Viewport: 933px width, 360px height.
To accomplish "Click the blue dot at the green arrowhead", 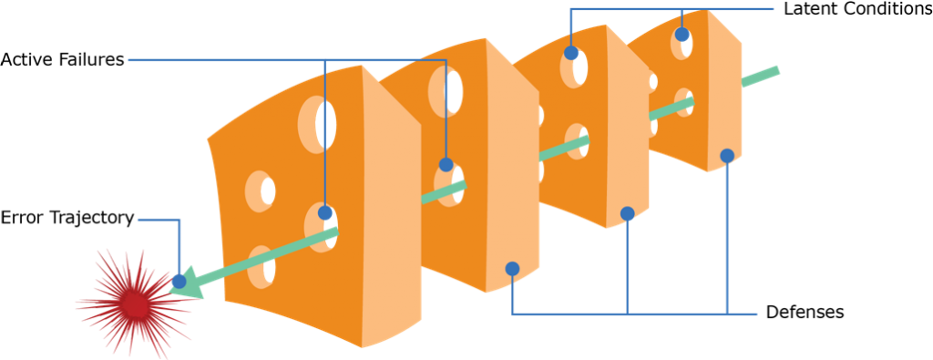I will [179, 281].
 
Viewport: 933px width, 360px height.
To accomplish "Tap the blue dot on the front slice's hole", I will [325, 213].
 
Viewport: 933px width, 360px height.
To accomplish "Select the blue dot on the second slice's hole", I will [446, 165].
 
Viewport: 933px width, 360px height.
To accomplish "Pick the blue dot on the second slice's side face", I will [512, 269].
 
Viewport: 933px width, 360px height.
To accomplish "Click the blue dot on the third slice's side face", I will [627, 214].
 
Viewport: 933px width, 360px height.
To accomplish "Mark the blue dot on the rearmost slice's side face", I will [727, 156].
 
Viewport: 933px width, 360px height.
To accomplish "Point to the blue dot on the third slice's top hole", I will [571, 53].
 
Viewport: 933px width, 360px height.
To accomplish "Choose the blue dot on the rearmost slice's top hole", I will [682, 35].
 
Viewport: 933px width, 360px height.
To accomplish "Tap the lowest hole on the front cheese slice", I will [262, 267].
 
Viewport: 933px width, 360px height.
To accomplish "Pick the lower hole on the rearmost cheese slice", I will [683, 102].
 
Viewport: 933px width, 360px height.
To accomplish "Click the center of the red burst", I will [135, 305].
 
